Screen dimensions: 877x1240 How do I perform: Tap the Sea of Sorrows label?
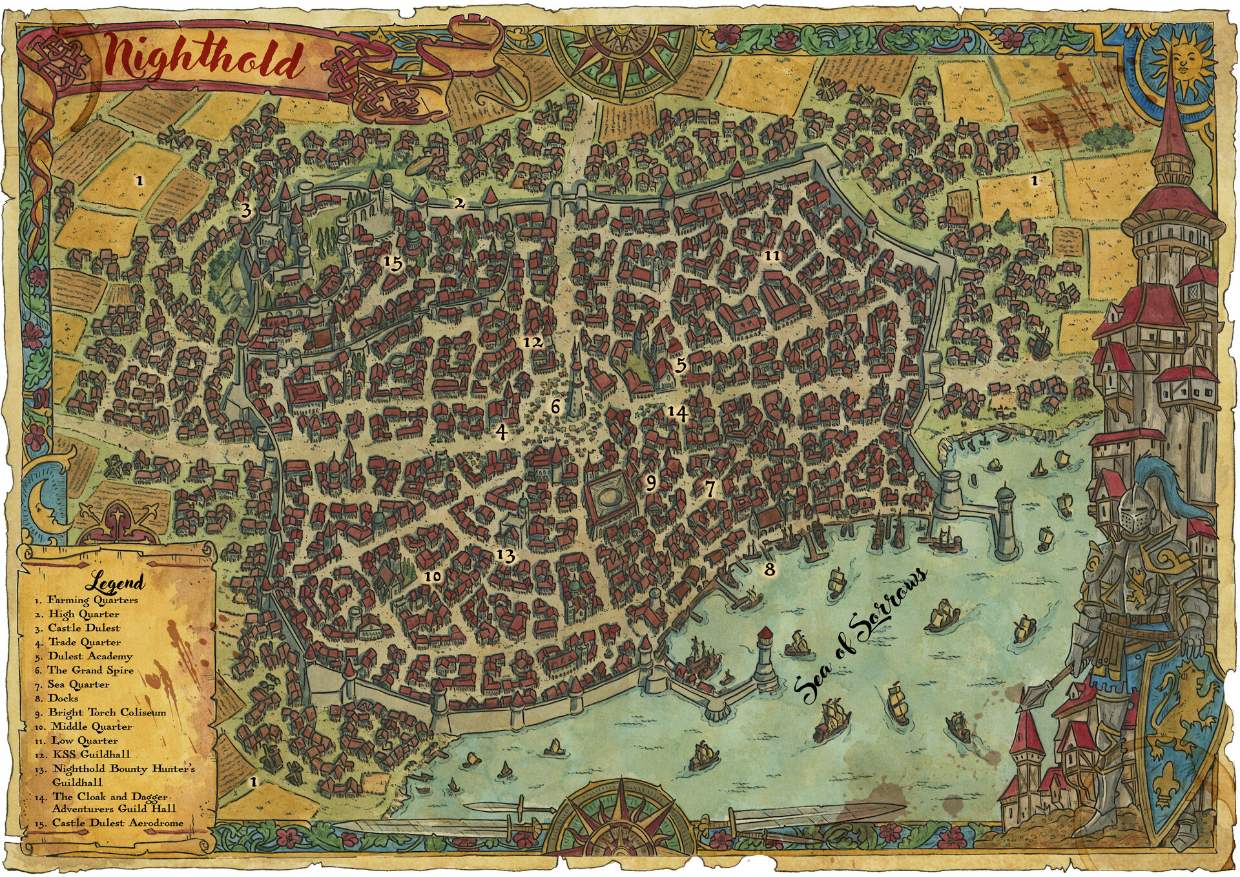pyautogui.click(x=862, y=636)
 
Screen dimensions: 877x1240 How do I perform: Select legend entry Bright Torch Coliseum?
pyautogui.click(x=107, y=712)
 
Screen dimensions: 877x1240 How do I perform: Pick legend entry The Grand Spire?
pyautogui.click(x=90, y=670)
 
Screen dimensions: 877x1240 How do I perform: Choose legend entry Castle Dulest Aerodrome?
pyautogui.click(x=118, y=823)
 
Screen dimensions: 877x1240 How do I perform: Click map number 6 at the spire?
pyautogui.click(x=555, y=406)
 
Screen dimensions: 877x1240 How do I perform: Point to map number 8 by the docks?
pyautogui.click(x=769, y=569)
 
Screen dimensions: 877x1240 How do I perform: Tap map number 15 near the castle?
pyautogui.click(x=393, y=263)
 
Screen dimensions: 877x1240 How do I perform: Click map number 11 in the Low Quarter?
pyautogui.click(x=772, y=256)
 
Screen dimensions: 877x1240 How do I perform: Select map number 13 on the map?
pyautogui.click(x=506, y=555)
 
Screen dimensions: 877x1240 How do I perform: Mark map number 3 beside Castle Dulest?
pyautogui.click(x=245, y=210)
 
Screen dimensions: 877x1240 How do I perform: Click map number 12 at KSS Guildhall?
pyautogui.click(x=533, y=342)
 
